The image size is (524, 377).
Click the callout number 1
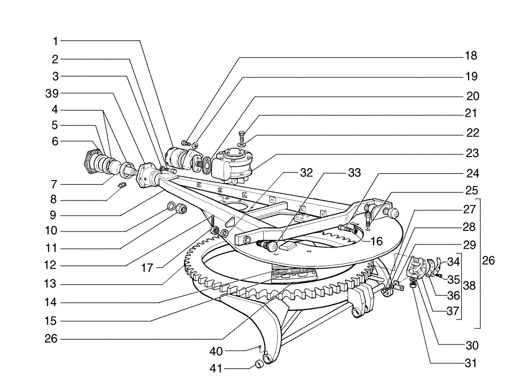(56, 41)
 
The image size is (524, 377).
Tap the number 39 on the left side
(52, 93)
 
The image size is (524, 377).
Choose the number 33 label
(354, 172)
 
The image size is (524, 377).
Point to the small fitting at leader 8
(124, 186)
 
